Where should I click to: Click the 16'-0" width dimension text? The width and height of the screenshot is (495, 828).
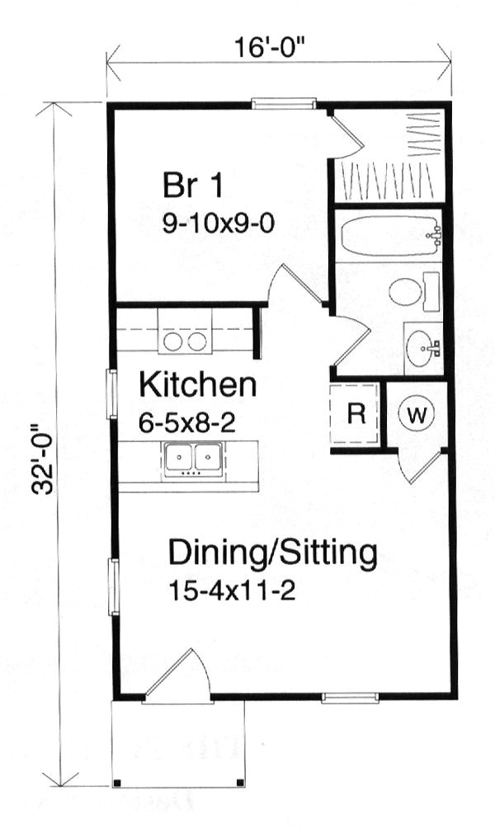[x=279, y=48]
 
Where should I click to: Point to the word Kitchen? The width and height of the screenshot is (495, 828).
[x=197, y=385]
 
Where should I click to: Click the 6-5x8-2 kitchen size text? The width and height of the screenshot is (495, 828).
[x=187, y=424]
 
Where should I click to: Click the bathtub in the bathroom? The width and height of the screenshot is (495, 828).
[x=389, y=236]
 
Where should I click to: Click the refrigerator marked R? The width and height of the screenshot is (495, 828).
[x=356, y=415]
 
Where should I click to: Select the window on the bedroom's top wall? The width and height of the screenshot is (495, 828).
[x=284, y=104]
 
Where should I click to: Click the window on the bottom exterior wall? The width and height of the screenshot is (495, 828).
[x=338, y=698]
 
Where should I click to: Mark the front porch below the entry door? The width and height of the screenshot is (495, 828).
[x=178, y=746]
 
